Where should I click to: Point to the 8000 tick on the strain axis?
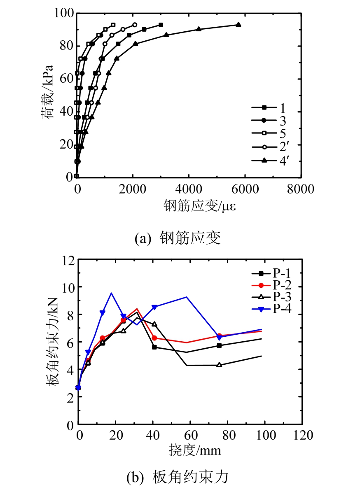[300, 189]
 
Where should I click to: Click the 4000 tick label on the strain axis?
[188, 189]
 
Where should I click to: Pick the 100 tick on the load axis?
[63, 13]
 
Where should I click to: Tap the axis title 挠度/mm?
[195, 450]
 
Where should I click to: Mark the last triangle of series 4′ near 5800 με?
[238, 25]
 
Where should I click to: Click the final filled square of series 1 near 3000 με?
[161, 25]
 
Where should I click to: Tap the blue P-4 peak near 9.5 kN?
[111, 294]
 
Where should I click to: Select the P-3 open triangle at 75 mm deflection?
[219, 365]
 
